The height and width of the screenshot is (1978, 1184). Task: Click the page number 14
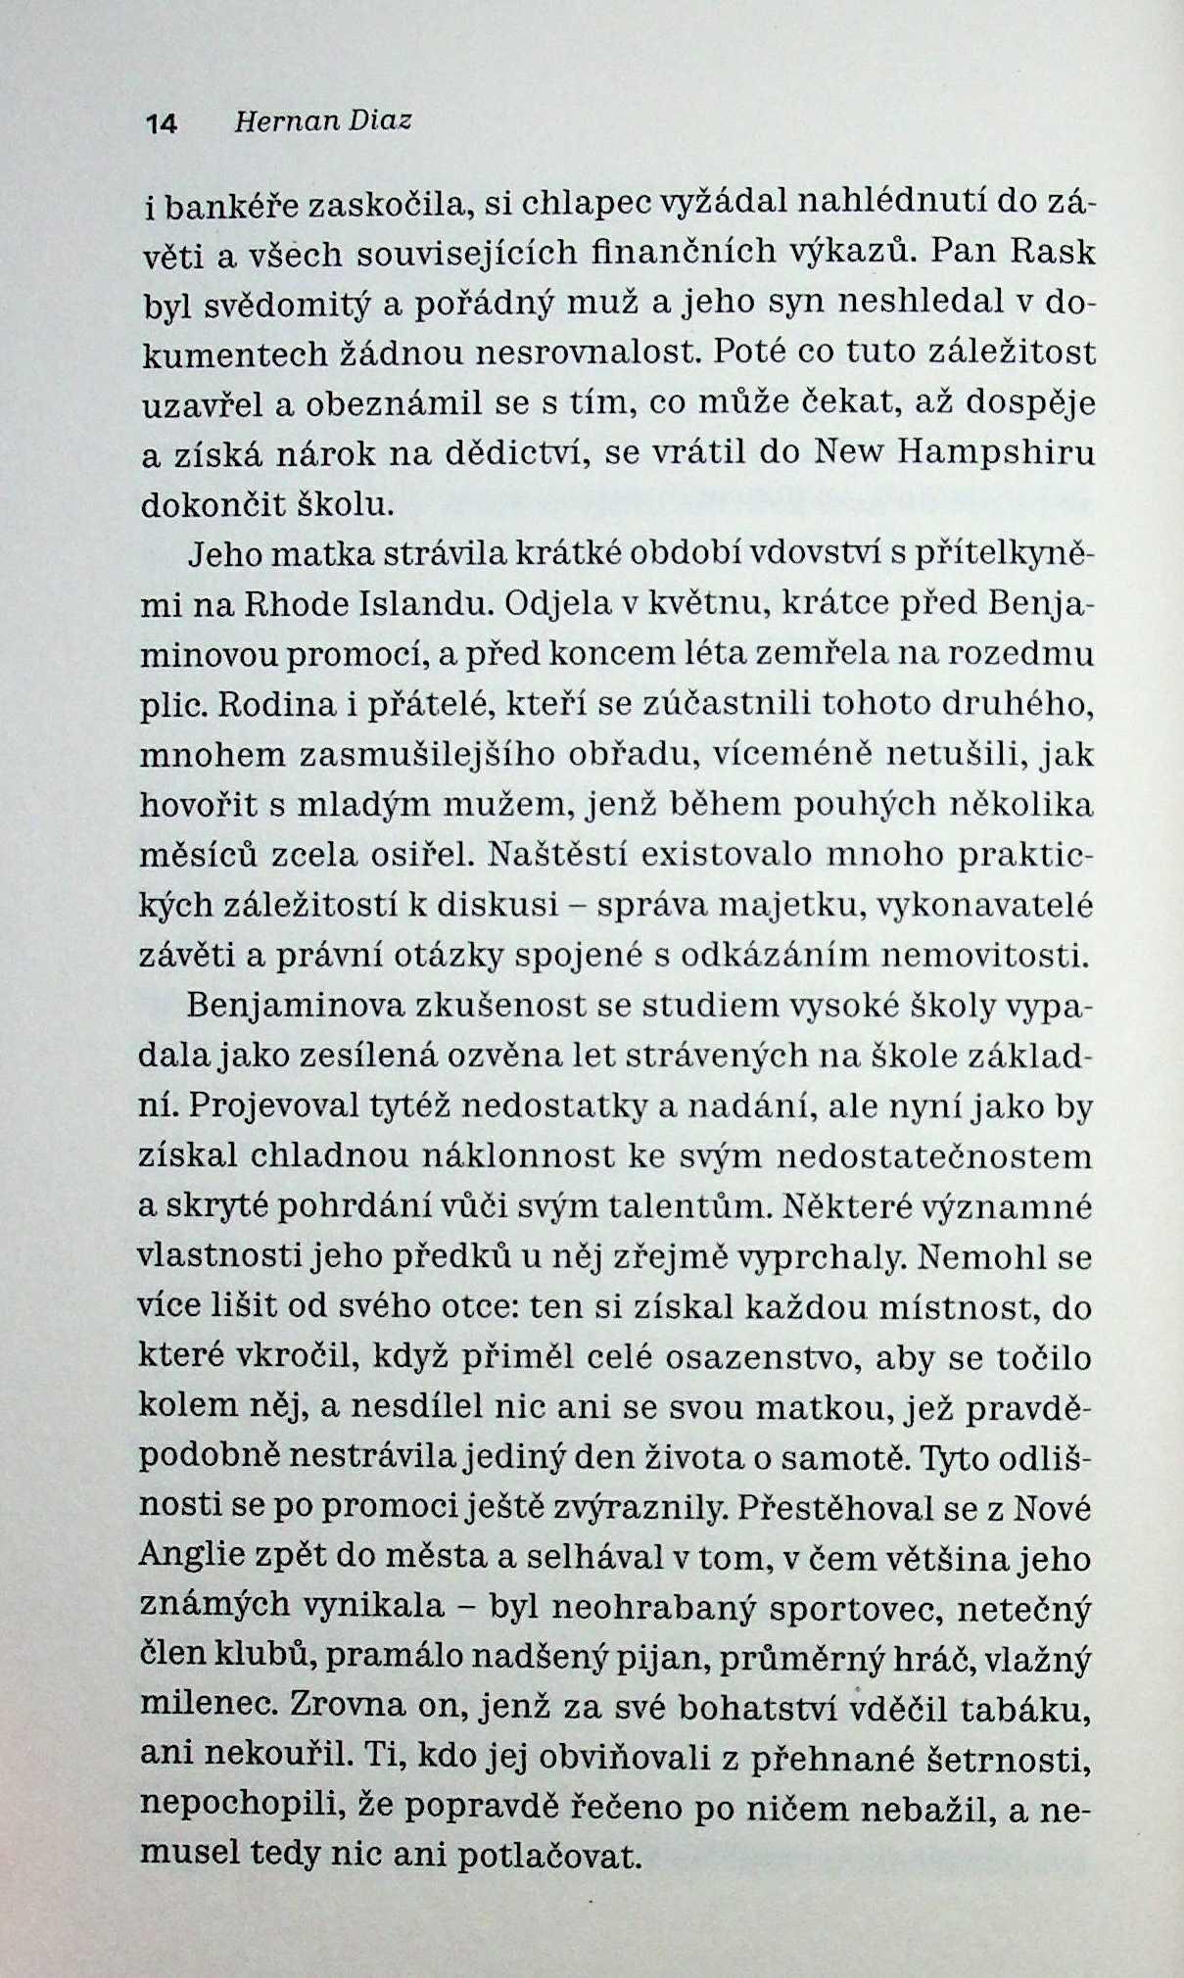(161, 123)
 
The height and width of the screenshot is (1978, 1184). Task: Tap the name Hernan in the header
(279, 121)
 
